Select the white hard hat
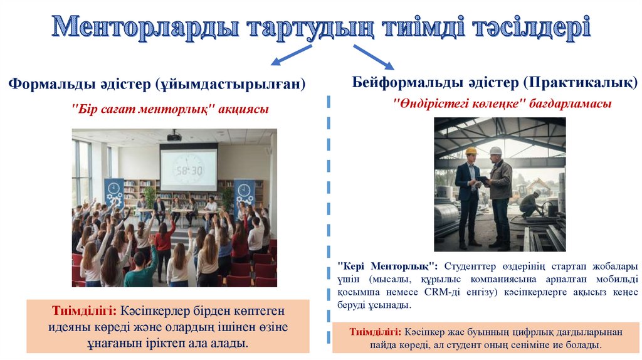point(495,151)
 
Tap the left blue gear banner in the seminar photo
point(114,193)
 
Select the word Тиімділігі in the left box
point(76,311)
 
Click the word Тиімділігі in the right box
point(375,332)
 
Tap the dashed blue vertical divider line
point(328,220)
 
